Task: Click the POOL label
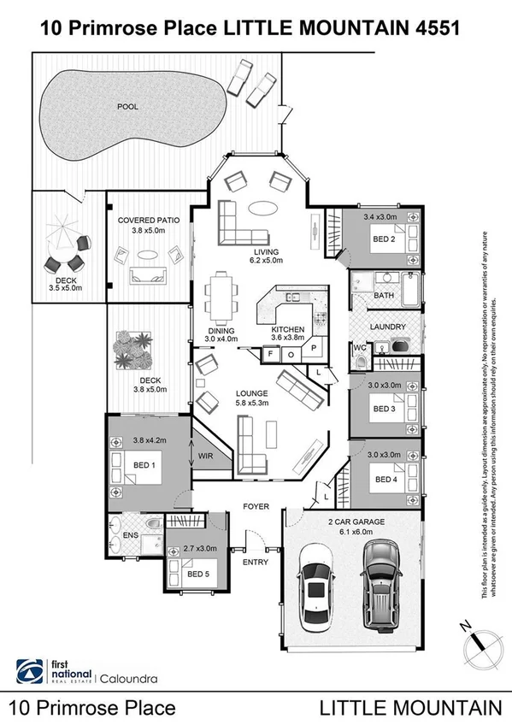point(127,107)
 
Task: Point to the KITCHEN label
point(288,329)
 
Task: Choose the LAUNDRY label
point(386,327)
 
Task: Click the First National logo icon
point(28,670)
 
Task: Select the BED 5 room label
point(197,574)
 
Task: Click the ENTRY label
point(255,562)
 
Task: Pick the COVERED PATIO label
point(149,220)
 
